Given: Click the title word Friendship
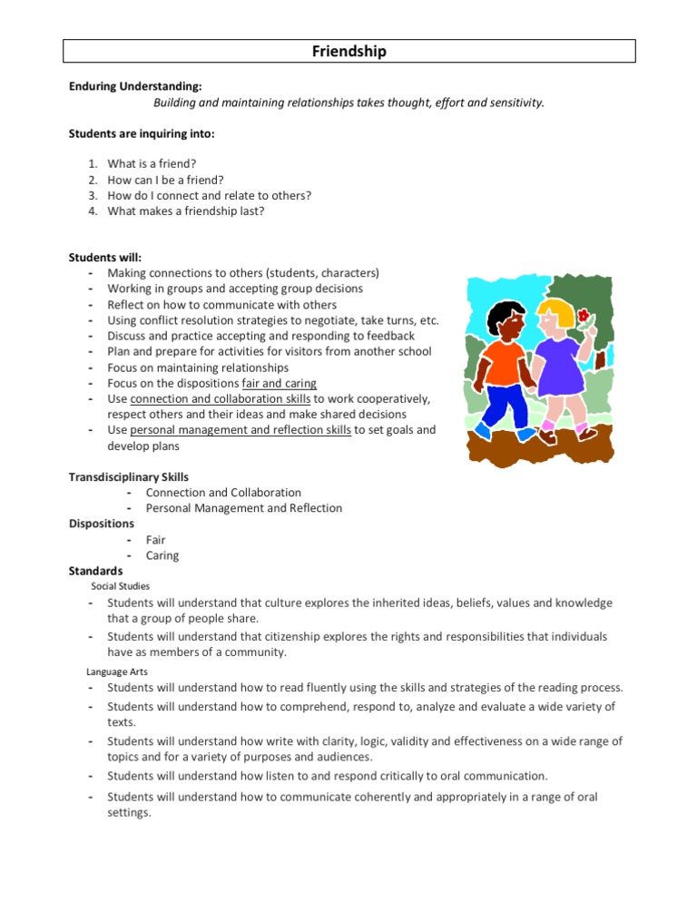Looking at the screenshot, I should point(348,52).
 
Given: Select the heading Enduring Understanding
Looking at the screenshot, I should point(135,87).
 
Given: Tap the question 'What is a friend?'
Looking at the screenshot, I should point(152,164).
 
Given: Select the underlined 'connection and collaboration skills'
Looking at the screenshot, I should point(221,399).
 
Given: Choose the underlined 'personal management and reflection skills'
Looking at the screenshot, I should point(241,430).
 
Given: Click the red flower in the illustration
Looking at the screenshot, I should point(584,316).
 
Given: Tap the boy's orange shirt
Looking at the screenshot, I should point(504,360).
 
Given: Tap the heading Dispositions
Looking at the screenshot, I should point(102,524).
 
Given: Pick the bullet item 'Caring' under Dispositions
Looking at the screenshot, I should point(162,555).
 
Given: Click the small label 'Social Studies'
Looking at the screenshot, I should point(121,586).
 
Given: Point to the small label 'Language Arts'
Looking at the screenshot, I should point(117,672).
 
